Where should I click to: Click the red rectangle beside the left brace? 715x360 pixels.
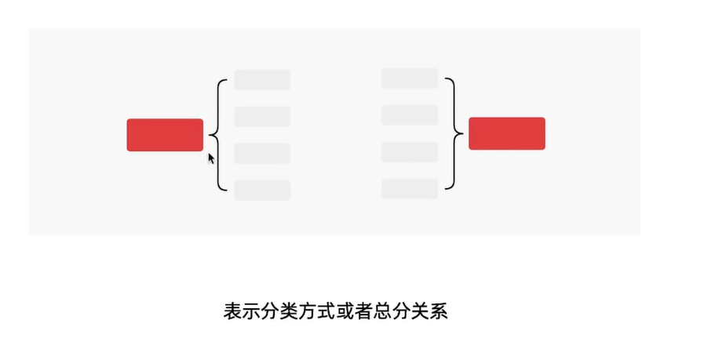[x=165, y=135]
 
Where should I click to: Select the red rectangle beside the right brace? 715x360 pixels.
[x=506, y=133]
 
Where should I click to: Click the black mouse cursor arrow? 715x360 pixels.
[x=210, y=158]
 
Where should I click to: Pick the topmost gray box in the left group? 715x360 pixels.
[x=262, y=80]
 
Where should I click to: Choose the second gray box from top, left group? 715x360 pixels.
[x=262, y=117]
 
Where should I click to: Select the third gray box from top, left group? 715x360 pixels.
[x=262, y=154]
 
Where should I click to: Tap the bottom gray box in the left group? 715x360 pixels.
[x=262, y=191]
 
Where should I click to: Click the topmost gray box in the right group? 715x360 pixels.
[x=410, y=78]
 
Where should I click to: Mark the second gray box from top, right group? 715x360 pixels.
[x=410, y=115]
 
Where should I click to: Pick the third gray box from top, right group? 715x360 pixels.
[x=410, y=152]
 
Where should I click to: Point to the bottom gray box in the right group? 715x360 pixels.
[x=410, y=189]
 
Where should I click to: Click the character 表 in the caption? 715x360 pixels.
[x=233, y=311]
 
